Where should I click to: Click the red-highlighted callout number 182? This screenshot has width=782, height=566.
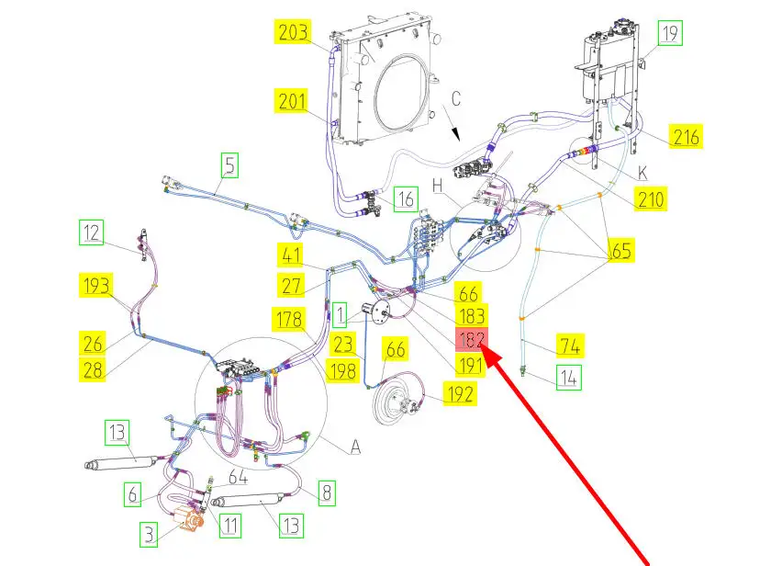(x=471, y=339)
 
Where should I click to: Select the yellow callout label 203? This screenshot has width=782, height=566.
(x=293, y=32)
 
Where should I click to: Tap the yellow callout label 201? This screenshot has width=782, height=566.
(x=292, y=101)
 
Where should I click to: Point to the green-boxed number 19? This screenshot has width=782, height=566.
(x=670, y=33)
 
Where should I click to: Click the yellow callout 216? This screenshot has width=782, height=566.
(x=686, y=136)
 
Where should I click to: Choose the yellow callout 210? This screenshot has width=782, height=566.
(x=651, y=199)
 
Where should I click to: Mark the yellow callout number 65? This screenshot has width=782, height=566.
(x=620, y=250)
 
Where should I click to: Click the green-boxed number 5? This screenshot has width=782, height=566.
(x=229, y=165)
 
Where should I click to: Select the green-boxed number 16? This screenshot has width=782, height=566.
(x=406, y=198)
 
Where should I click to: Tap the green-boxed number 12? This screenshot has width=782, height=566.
(x=91, y=232)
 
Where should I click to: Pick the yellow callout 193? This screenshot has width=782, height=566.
(x=96, y=286)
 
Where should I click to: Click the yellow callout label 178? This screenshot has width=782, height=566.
(x=289, y=319)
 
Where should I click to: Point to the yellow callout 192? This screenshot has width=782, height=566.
(x=461, y=394)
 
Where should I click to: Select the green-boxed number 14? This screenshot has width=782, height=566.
(x=569, y=378)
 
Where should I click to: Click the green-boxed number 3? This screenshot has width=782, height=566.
(x=149, y=535)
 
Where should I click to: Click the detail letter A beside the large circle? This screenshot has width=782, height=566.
(x=355, y=447)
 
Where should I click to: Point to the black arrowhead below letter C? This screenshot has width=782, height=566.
(x=455, y=134)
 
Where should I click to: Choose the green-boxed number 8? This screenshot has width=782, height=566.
(x=327, y=493)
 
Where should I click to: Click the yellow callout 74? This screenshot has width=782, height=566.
(x=570, y=345)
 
